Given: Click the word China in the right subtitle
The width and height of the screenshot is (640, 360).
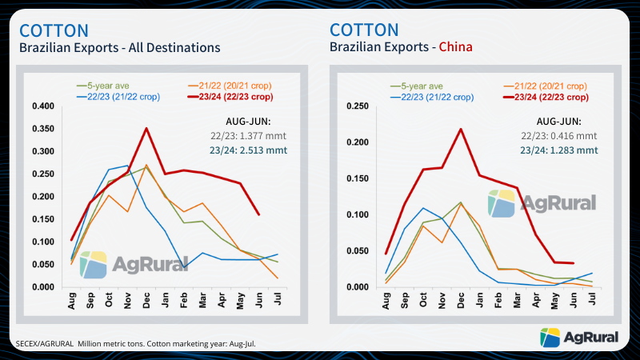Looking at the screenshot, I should [454, 47].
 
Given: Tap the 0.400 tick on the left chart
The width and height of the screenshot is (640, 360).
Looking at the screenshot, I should [42, 106].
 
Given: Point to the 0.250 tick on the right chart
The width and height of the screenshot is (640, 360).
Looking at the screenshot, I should [355, 106].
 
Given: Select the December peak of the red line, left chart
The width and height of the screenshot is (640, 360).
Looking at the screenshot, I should [145, 128].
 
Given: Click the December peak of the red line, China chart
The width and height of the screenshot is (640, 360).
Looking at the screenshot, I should [460, 129].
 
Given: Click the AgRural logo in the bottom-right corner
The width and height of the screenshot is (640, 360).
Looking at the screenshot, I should [580, 338].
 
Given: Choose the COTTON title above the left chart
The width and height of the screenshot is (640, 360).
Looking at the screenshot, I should [54, 30].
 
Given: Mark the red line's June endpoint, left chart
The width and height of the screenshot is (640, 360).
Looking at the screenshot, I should [257, 214].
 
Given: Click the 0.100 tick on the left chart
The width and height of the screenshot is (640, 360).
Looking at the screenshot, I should [42, 242].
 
